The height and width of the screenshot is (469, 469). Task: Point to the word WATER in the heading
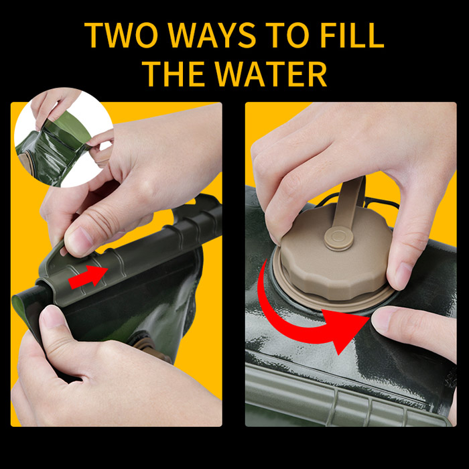271,74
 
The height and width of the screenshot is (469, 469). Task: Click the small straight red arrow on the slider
88,276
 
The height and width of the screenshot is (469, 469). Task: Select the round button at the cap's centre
339,239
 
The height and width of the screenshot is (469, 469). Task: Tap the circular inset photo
64,137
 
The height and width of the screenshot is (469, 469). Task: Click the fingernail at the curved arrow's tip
382,319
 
